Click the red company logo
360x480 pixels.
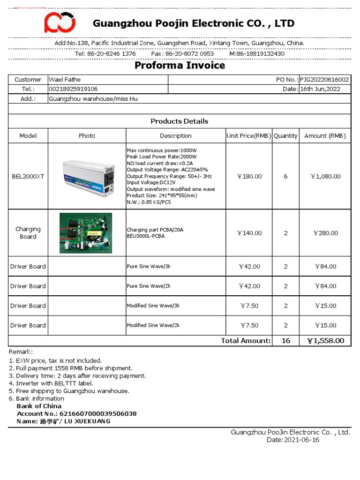[60, 22]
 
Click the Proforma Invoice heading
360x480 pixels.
[180, 65]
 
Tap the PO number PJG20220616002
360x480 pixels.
[324, 80]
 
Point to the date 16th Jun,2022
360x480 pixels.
[320, 89]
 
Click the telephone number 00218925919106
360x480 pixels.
[74, 89]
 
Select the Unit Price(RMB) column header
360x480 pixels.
[249, 136]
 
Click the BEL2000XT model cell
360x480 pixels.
[28, 176]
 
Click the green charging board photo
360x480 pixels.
[86, 233]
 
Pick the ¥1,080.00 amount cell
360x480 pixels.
[325, 176]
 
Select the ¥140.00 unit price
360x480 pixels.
[249, 233]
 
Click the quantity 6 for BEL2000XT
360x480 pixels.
[286, 176]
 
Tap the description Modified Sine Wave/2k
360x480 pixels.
[153, 325]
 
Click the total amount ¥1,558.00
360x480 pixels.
[325, 341]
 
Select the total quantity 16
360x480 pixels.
[286, 341]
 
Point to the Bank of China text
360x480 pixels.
[39, 406]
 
